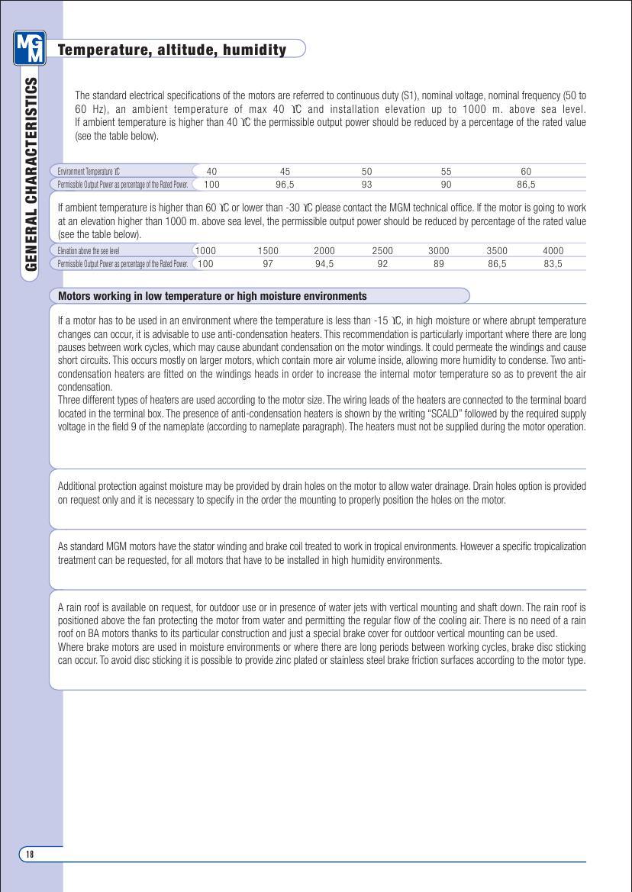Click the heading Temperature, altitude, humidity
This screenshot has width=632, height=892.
pos(173,50)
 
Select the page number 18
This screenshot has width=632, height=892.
pos(30,854)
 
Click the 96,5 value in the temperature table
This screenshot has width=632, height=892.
pos(285,184)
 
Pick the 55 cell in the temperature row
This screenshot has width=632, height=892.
pos(447,172)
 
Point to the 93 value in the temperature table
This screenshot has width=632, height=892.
pos(367,184)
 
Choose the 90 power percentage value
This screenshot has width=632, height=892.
pos(447,184)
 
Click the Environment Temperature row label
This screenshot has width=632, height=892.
pos(89,172)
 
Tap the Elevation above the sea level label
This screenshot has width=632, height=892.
pos(89,250)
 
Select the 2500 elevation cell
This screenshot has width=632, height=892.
pos(382,250)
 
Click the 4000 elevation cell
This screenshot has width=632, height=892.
pos(553,250)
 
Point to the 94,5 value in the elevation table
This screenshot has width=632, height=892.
pos(324,263)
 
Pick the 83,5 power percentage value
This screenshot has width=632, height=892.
pos(553,263)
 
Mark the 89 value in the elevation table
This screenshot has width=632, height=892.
pos(438,263)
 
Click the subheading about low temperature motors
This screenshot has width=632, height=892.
pos(212,296)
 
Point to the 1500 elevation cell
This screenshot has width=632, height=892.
pos(268,250)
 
